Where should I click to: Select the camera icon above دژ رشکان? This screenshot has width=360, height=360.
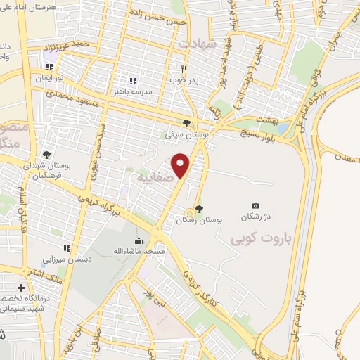click(x=255, y=205)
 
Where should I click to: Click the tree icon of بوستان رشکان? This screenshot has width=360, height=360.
click(x=199, y=208)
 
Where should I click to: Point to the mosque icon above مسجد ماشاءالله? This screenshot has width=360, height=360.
click(x=139, y=240)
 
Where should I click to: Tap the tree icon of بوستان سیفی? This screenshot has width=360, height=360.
click(x=186, y=122)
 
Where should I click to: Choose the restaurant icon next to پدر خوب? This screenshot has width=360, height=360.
click(x=184, y=69)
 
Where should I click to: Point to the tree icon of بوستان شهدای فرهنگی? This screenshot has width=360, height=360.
click(x=46, y=154)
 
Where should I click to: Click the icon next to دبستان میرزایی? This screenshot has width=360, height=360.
click(x=67, y=248)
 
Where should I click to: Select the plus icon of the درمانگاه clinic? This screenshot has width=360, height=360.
click(x=21, y=288)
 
